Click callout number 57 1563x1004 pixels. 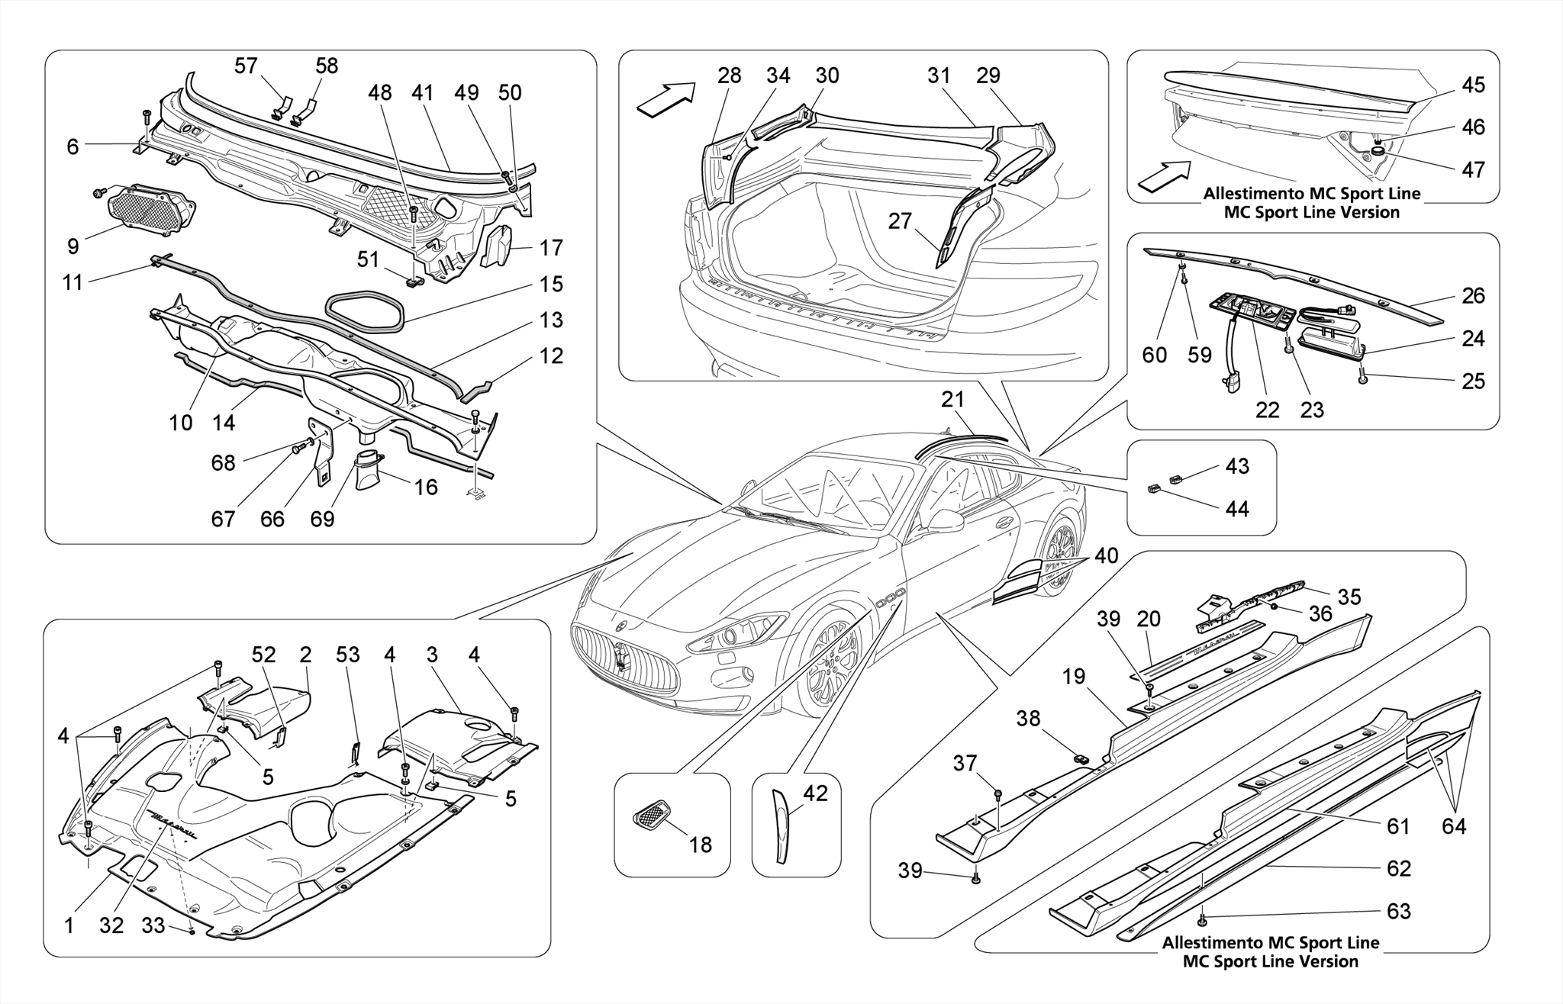[x=246, y=66]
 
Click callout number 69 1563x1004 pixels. [x=322, y=520]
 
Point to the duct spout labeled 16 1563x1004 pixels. [x=369, y=470]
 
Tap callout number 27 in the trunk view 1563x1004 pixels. [x=901, y=221]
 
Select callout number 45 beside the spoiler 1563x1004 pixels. [x=1473, y=85]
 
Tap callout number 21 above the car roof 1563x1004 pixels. [x=952, y=400]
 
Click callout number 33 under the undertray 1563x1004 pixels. [x=153, y=925]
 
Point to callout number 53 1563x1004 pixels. [x=348, y=655]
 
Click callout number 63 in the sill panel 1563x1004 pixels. [x=1399, y=911]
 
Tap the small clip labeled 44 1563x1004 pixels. [x=1154, y=489]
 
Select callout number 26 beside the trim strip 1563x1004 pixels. [x=1473, y=296]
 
